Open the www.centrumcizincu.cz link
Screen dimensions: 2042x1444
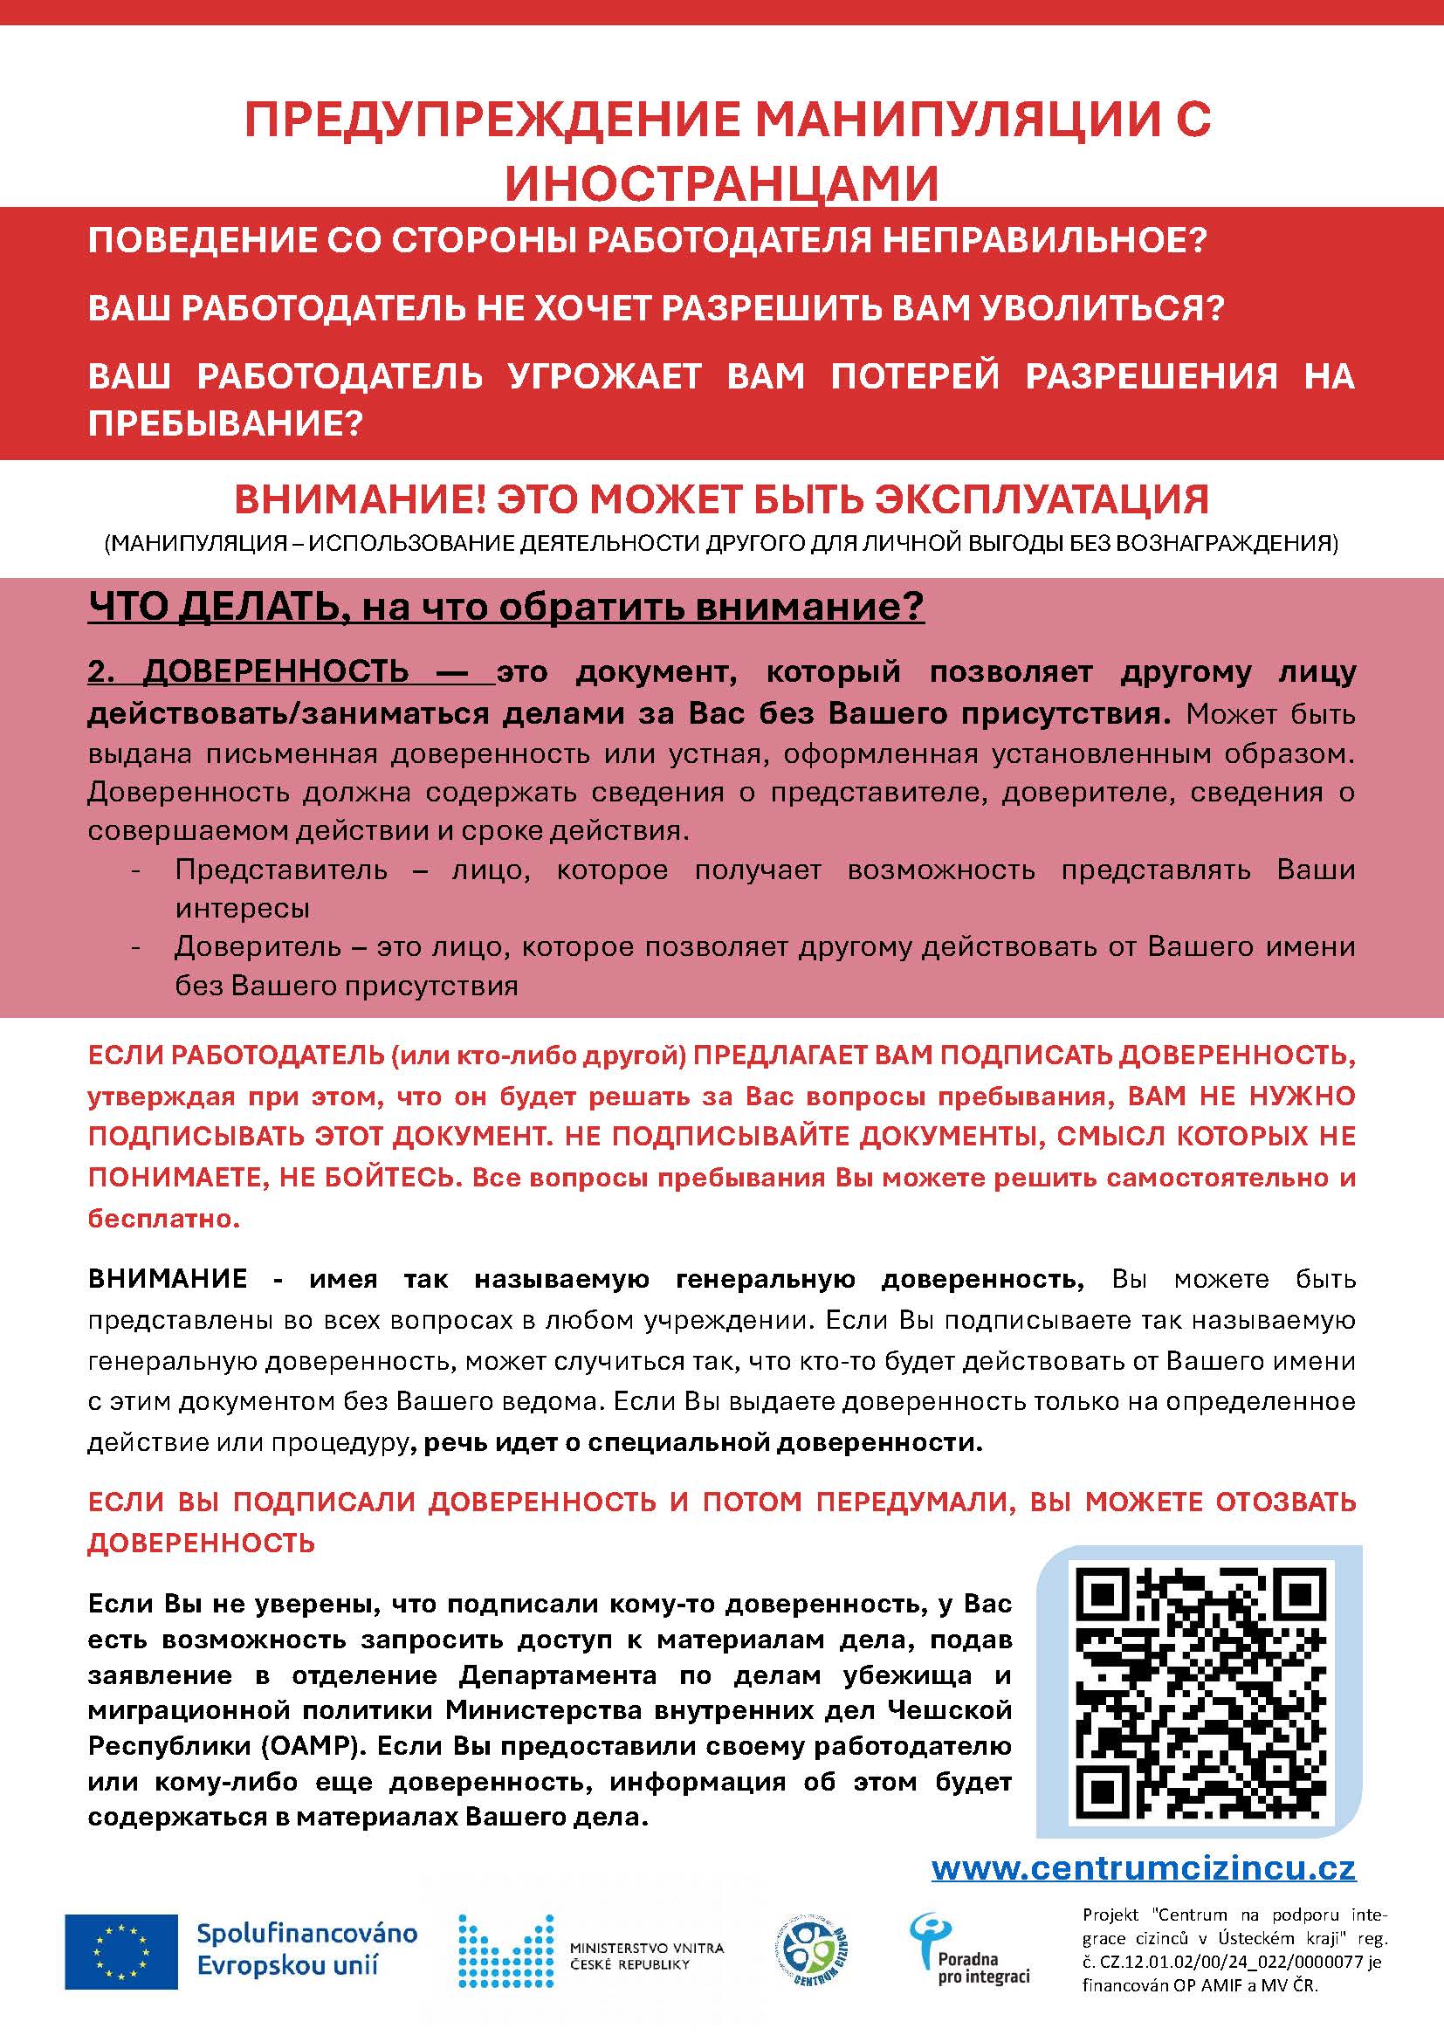pyautogui.click(x=1144, y=1867)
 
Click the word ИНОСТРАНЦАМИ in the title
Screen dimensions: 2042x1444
pyautogui.click(x=721, y=182)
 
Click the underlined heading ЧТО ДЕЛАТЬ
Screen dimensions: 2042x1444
pyautogui.click(x=211, y=608)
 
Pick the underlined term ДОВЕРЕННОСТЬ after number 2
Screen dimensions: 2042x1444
pyautogui.click(x=276, y=671)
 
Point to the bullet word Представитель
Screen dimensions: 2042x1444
pyautogui.click(x=281, y=869)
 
